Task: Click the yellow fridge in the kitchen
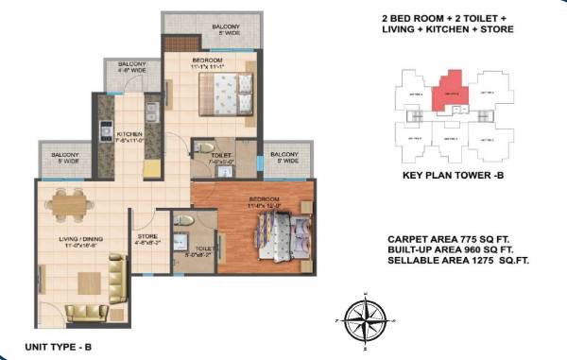click(151, 168)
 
